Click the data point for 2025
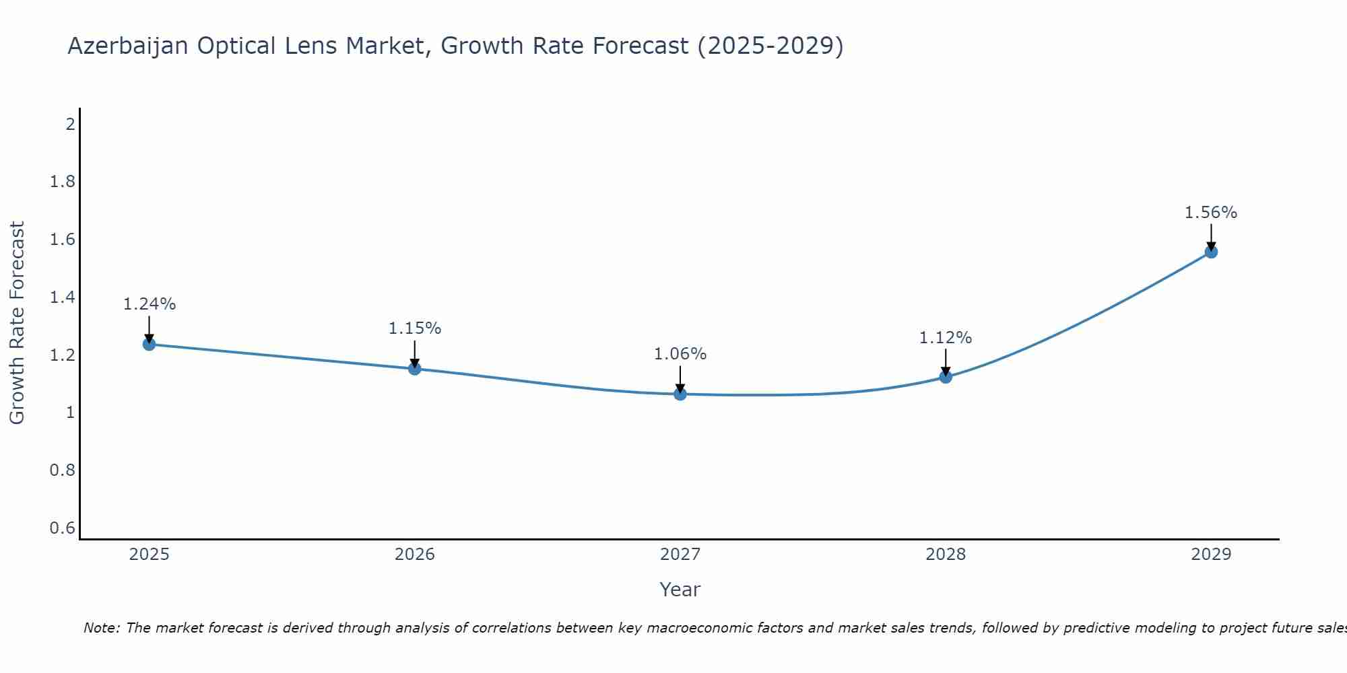point(149,345)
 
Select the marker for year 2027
point(680,394)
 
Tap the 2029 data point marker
point(1211,252)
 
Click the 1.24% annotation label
point(149,304)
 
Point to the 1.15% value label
point(414,328)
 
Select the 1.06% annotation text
point(680,354)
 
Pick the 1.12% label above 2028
point(946,338)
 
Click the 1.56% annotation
point(1211,213)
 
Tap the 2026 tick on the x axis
point(414,555)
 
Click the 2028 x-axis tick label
point(946,555)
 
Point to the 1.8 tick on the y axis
point(63,182)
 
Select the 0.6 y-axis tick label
point(63,528)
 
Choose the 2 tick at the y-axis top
point(70,124)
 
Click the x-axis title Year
point(680,590)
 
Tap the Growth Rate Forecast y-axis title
point(17,323)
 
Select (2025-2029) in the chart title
point(770,46)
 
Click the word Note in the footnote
point(101,628)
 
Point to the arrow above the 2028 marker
point(946,361)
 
